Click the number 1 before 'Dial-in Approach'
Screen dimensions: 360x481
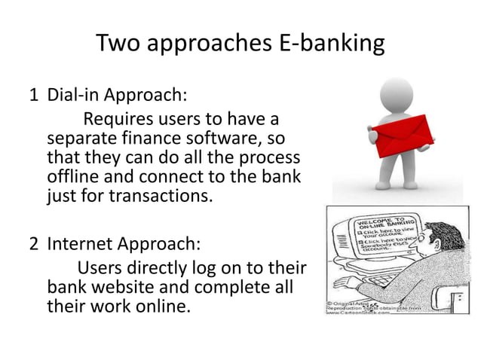pyautogui.click(x=33, y=97)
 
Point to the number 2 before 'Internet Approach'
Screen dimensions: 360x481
pyautogui.click(x=33, y=246)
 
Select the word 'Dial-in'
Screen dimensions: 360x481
pyautogui.click(x=75, y=97)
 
